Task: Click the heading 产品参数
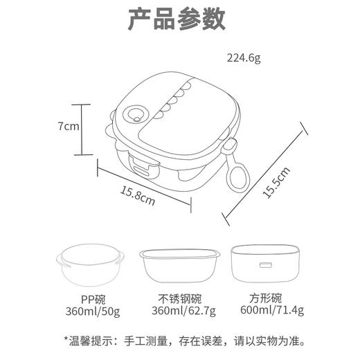pos(177,19)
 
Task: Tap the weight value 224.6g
pos(244,57)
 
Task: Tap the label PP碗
pos(93,300)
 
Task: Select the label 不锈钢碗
pos(179,300)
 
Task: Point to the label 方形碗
pos(266,299)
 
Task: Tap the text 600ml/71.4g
pos(266,311)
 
